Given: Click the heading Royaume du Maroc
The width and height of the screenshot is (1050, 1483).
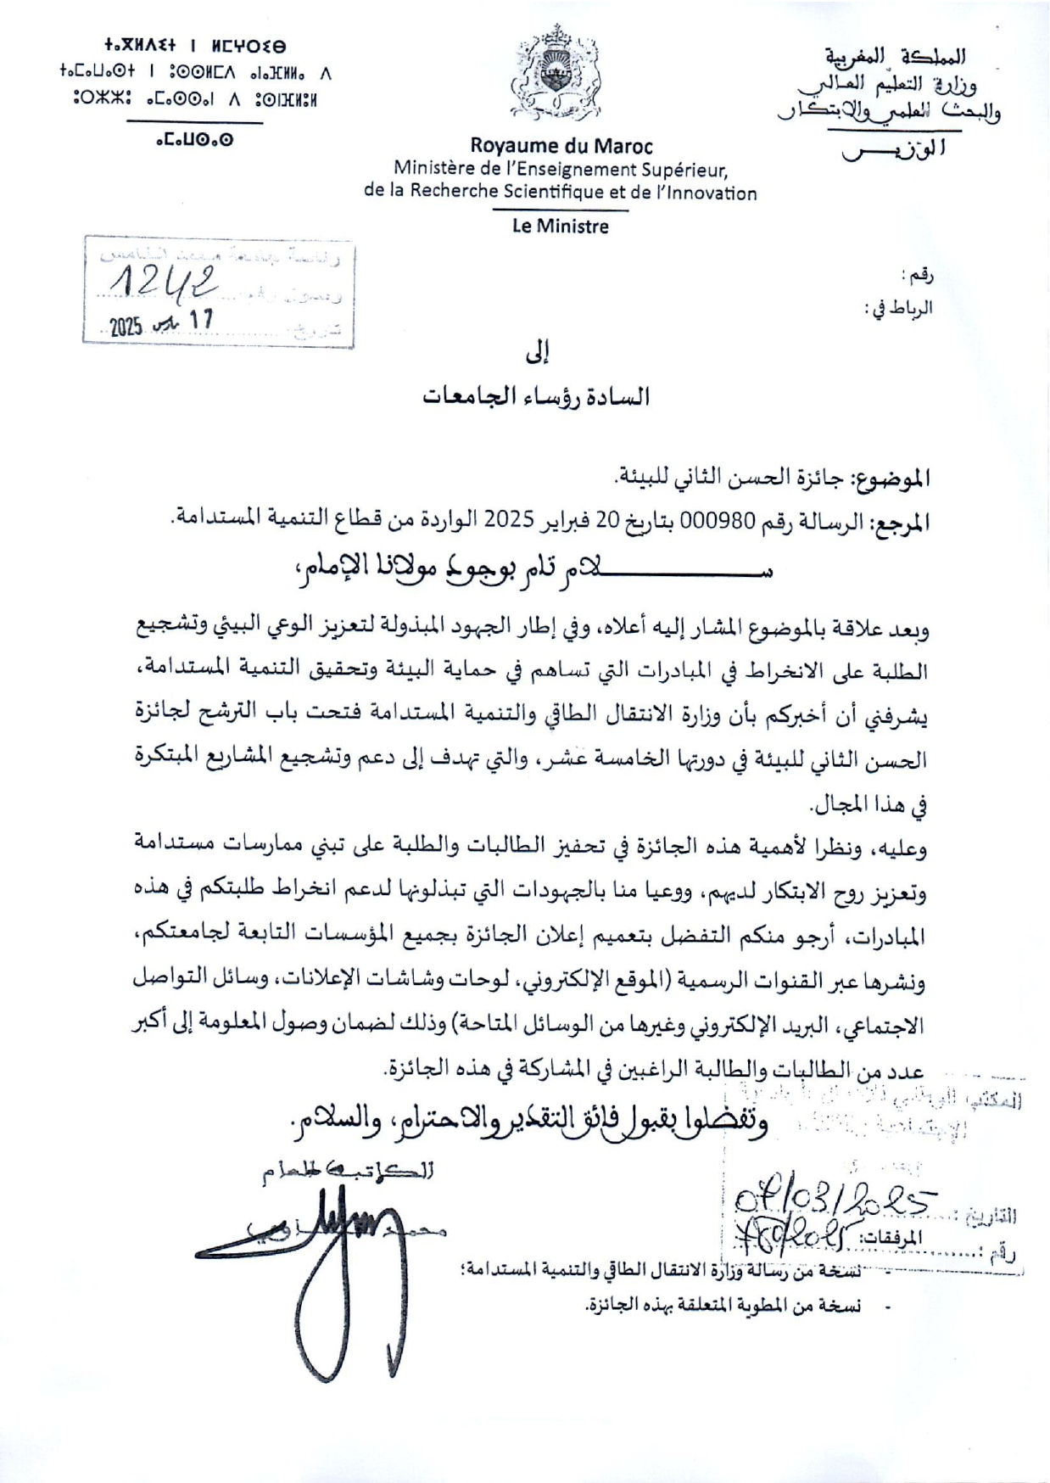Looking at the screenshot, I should [x=561, y=145].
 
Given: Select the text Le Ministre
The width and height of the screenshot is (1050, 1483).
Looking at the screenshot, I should [x=561, y=227].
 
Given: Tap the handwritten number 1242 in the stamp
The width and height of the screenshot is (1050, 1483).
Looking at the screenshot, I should [x=167, y=283].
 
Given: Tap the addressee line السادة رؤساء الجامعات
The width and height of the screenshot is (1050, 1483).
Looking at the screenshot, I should [x=537, y=396].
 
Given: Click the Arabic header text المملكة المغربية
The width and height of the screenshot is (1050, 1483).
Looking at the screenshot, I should [x=896, y=58].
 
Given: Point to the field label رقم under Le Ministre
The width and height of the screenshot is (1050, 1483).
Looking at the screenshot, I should [x=920, y=277].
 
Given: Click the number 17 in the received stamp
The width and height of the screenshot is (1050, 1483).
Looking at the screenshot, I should [x=202, y=320].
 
